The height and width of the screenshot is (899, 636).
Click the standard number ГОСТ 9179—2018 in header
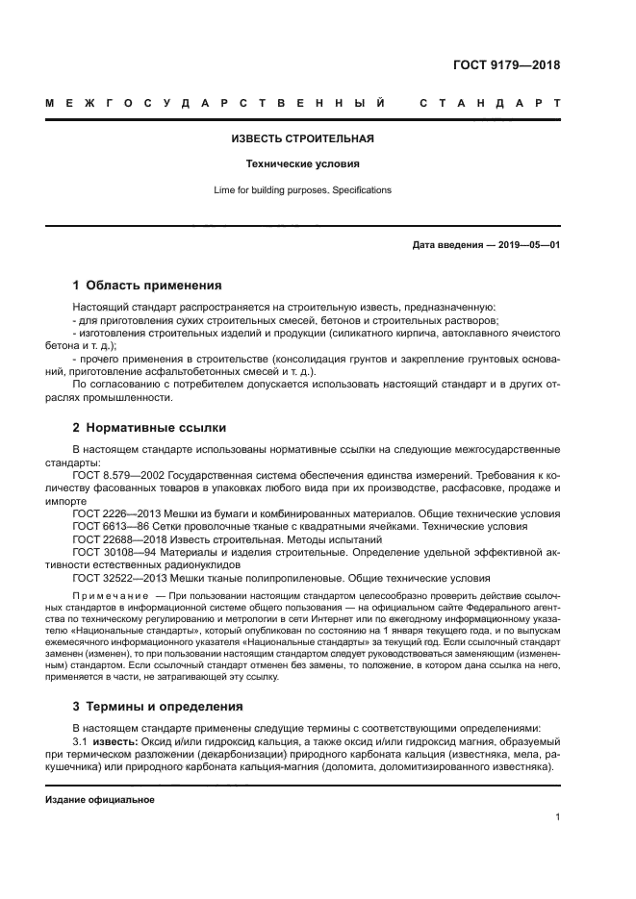506,66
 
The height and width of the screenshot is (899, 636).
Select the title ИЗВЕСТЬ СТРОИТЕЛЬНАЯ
302,138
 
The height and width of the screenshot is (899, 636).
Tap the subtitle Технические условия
302,163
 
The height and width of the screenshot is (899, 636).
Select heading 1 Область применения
147,286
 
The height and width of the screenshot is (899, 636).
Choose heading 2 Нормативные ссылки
149,428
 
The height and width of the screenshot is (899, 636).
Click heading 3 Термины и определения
158,707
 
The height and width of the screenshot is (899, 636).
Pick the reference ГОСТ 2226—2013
112,514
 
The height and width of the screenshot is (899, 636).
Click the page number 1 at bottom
557,817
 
